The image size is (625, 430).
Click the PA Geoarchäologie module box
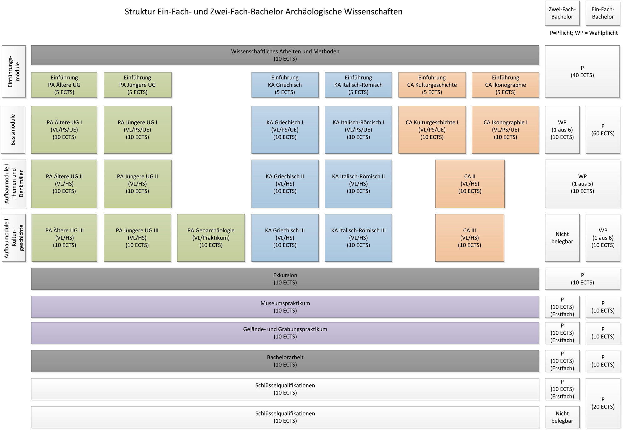point(211,238)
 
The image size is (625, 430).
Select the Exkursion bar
point(285,279)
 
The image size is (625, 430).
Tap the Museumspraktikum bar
point(285,307)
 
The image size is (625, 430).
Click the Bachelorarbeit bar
point(285,361)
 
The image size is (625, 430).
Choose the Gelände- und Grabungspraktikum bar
point(285,333)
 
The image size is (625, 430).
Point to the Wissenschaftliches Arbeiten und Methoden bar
point(285,55)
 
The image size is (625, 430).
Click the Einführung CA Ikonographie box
point(505,85)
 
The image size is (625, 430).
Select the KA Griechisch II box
point(285,184)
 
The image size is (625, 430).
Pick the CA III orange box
point(470,238)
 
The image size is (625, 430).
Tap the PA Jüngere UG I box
point(137,130)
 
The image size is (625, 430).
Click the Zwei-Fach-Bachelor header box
point(562,13)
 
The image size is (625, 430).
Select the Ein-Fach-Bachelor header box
point(603,13)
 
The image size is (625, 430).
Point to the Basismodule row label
point(13,130)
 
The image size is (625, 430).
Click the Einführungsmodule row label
point(14,72)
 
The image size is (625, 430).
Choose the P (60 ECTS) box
point(603,130)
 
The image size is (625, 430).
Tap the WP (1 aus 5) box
point(582,184)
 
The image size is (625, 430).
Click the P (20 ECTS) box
point(603,403)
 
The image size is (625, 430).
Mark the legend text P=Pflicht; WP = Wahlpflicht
point(584,33)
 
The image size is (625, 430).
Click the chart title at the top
point(263,12)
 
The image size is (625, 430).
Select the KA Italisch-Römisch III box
point(358,238)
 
